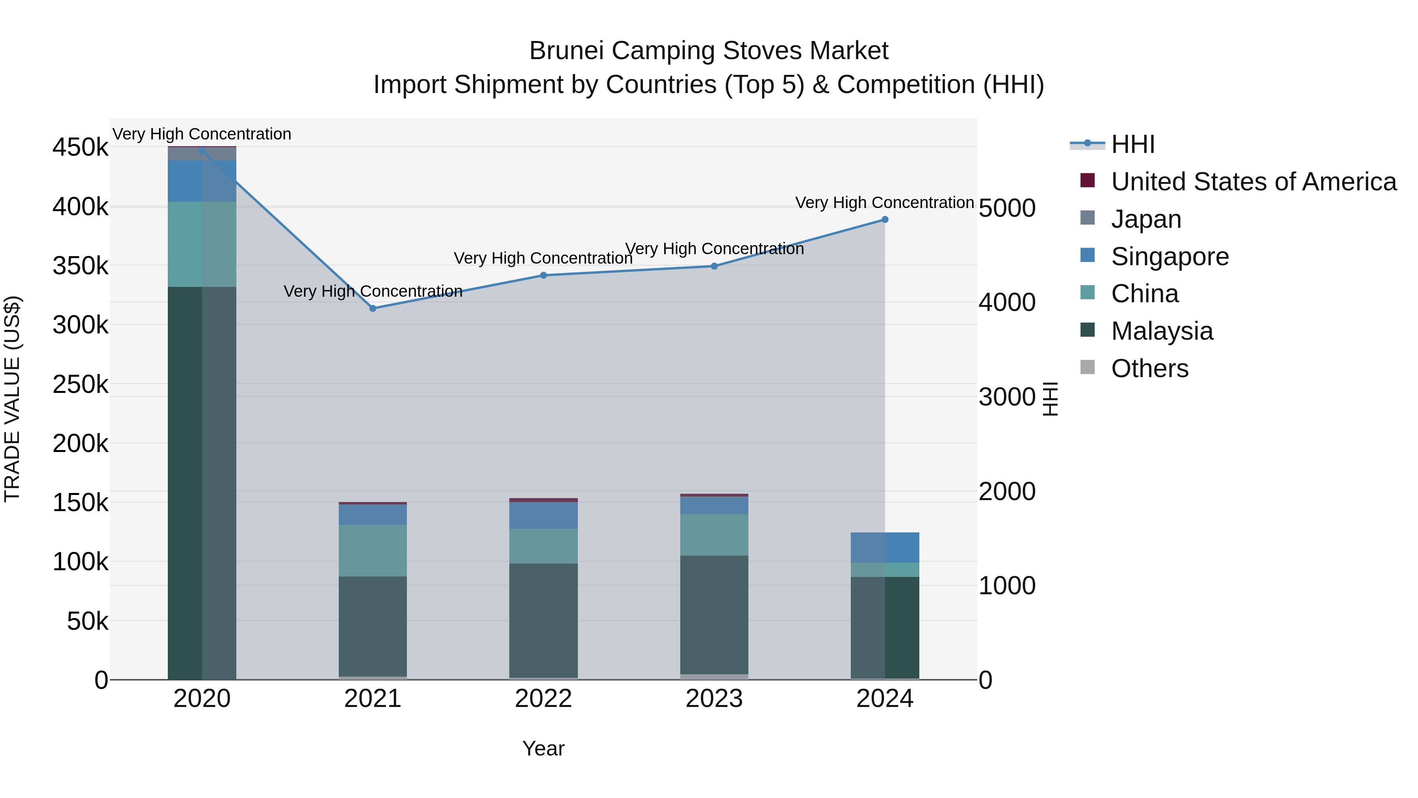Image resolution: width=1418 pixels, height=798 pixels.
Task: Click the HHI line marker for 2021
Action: click(373, 309)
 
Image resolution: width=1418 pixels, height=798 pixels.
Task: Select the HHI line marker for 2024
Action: click(885, 220)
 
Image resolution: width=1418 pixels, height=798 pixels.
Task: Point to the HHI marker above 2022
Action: click(543, 275)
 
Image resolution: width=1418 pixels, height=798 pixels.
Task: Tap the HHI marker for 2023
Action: click(714, 266)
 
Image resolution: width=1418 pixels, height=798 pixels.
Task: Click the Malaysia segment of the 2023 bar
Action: click(714, 614)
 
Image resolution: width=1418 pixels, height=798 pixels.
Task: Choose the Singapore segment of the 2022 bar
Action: click(543, 515)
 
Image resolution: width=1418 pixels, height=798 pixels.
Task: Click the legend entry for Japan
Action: click(1146, 219)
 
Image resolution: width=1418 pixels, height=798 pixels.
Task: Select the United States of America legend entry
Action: click(1253, 182)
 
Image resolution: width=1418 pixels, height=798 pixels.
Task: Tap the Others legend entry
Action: click(1149, 368)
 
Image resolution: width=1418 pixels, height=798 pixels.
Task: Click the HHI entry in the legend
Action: click(1133, 144)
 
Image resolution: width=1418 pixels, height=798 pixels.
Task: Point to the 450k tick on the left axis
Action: click(80, 148)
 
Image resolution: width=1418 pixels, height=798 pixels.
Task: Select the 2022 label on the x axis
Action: click(543, 699)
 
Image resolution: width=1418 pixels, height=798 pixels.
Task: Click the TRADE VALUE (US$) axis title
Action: click(13, 399)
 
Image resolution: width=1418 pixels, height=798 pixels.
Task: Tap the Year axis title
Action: click(543, 748)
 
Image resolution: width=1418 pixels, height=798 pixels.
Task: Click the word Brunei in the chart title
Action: click(566, 51)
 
